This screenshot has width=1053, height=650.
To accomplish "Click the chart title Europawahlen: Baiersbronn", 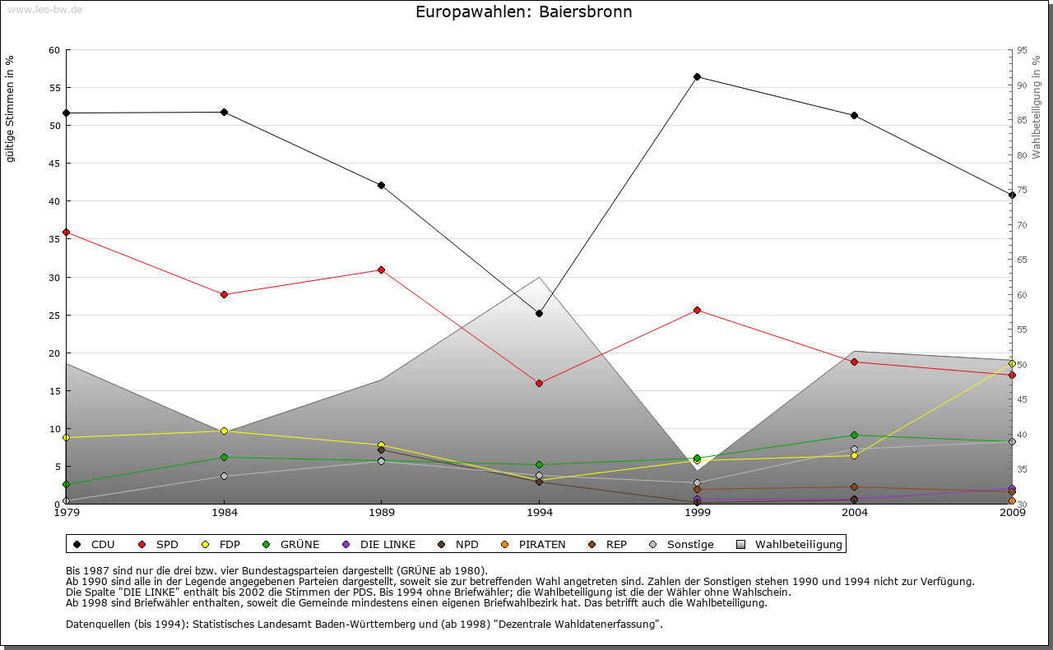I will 524,12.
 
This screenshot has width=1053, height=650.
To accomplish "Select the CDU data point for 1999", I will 697,76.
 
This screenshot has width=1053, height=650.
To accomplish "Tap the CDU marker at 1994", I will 539,313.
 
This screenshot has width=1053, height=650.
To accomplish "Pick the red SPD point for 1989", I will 381,270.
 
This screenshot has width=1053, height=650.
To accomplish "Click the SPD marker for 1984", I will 224,294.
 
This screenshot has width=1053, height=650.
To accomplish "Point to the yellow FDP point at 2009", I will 1012,363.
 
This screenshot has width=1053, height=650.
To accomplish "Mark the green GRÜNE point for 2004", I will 854,435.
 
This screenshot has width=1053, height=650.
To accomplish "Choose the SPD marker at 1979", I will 66,232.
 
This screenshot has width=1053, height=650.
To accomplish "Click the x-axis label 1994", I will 540,514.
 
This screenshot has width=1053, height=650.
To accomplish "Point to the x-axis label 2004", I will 855,514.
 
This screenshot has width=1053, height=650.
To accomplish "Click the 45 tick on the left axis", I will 55,164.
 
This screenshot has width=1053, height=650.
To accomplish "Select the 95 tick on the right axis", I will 1022,50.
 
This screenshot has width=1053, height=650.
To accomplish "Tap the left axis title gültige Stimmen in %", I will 11,108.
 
